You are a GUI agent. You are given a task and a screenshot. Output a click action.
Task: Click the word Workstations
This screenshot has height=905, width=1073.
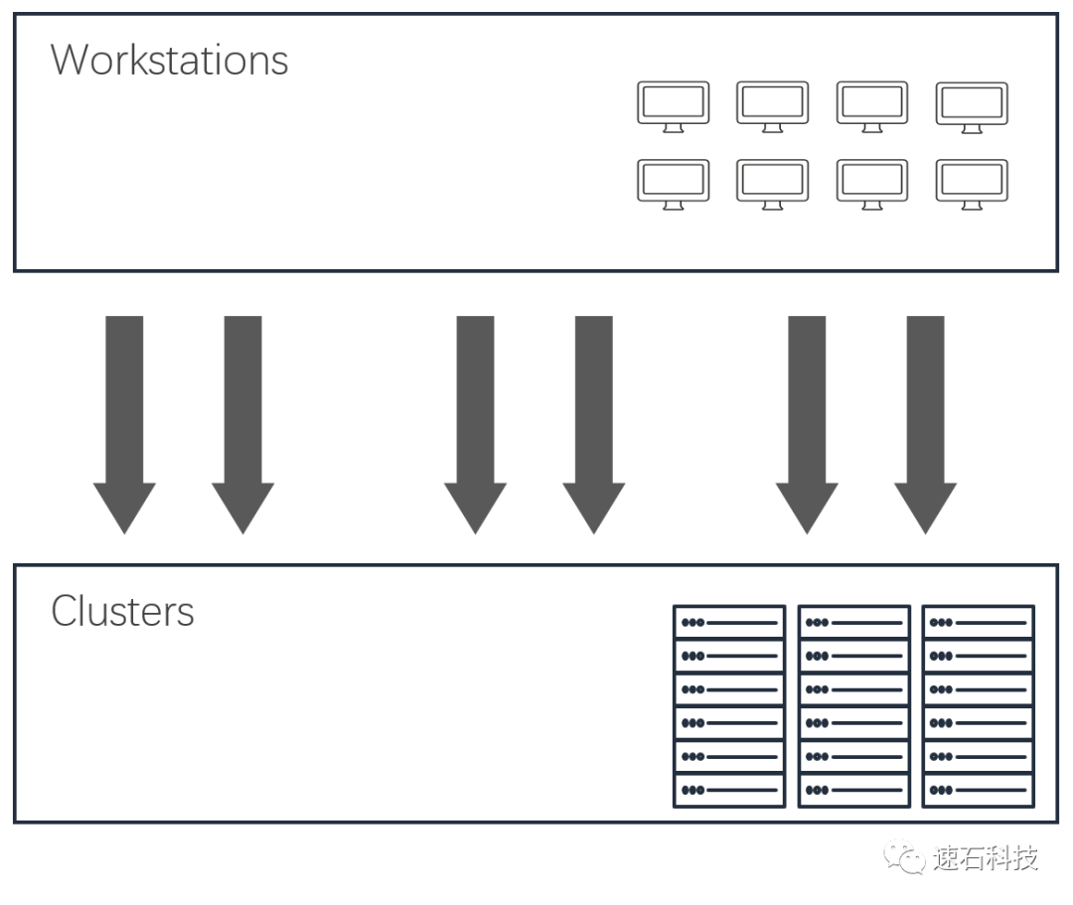pos(169,60)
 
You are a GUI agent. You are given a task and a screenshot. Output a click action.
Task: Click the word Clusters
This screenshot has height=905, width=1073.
pos(122,611)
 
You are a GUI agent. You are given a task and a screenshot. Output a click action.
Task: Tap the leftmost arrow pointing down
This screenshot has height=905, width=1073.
pos(124,417)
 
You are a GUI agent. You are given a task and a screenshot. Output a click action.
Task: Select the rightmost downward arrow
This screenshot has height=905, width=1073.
pos(925,417)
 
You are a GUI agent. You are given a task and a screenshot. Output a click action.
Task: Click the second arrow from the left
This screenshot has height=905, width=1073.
pos(243,417)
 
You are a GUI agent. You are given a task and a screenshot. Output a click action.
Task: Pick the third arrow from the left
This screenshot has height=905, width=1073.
pos(475,417)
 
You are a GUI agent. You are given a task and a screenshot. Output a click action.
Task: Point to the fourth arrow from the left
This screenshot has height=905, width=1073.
pos(594,417)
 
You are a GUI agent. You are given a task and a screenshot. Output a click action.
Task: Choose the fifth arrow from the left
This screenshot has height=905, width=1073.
pos(807,417)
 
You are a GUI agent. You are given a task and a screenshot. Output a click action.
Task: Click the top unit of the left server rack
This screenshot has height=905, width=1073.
pos(729,623)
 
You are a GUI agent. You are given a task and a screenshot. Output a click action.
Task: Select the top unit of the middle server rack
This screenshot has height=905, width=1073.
pos(853,623)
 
